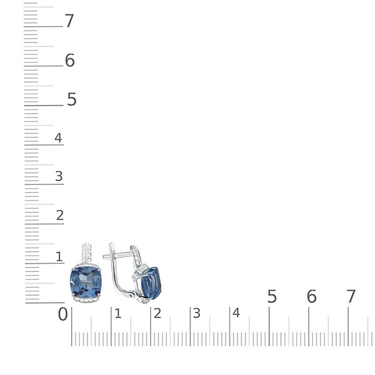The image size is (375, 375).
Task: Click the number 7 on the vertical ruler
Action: tap(69, 21)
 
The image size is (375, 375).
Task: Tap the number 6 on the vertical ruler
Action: tap(70, 60)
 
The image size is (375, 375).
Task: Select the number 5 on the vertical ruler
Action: tap(71, 99)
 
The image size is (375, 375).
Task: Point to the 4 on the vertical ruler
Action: tap(58, 137)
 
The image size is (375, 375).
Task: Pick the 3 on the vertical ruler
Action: tap(59, 176)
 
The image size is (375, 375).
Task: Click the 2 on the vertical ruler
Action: tap(60, 215)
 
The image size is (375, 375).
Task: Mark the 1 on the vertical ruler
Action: tap(59, 257)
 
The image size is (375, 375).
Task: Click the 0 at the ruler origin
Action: tap(63, 314)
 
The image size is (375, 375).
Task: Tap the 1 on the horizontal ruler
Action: tap(118, 314)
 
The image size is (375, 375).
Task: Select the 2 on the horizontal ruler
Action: tap(157, 314)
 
